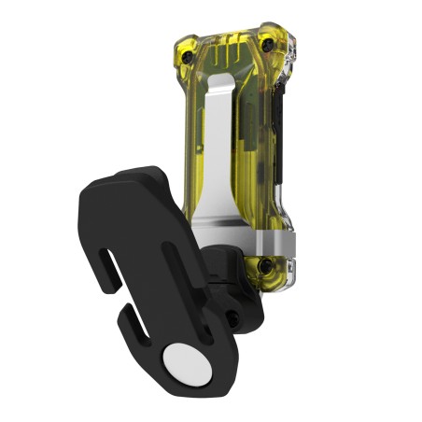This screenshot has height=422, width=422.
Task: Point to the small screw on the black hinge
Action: tap(232, 318)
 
